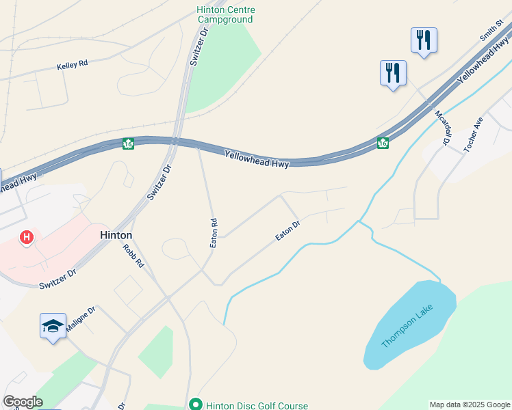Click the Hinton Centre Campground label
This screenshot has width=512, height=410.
point(225,14)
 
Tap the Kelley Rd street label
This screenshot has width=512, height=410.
point(73,65)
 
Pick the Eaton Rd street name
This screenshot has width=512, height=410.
point(214,233)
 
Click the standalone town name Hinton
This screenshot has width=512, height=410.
point(116,234)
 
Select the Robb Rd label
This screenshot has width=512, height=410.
point(134,255)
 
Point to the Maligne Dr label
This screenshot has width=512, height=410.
point(81,314)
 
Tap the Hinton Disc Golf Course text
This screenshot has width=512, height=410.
point(257,405)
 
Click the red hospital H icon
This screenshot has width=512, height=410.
point(27,237)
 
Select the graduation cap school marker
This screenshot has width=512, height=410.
point(53,325)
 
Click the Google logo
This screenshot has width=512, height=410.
point(23,402)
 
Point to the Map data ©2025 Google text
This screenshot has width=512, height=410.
point(469,405)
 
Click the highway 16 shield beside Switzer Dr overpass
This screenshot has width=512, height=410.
point(128,143)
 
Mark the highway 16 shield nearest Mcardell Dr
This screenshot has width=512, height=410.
point(383,143)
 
